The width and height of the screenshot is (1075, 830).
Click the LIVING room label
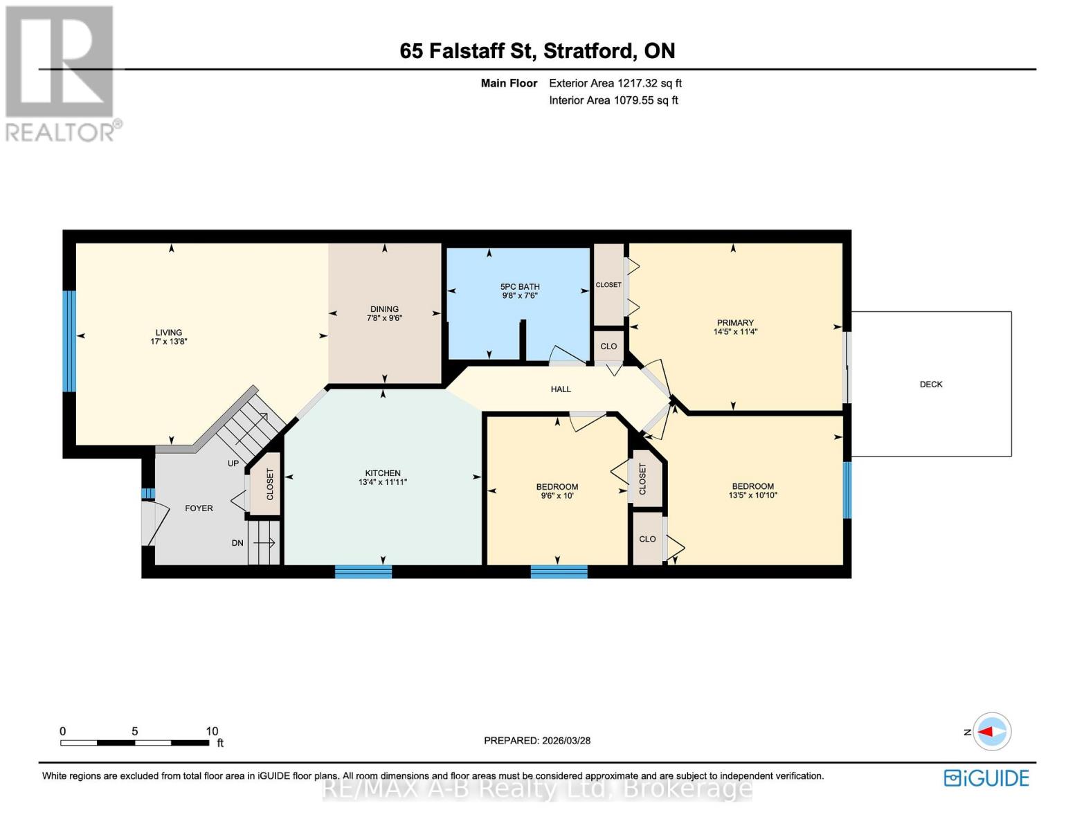click(168, 332)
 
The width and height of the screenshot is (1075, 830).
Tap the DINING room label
click(384, 309)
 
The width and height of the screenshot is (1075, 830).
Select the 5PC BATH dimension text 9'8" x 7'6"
click(520, 296)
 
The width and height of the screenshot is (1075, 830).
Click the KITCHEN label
click(383, 473)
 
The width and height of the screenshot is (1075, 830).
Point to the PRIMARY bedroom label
click(735, 322)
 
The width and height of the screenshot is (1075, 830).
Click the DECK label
click(931, 384)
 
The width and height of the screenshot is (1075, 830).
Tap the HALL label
click(561, 389)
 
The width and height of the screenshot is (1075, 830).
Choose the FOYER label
click(199, 508)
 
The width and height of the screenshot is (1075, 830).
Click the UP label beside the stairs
click(233, 463)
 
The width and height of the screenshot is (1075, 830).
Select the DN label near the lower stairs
click(237, 543)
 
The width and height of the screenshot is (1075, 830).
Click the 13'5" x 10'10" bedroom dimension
click(753, 495)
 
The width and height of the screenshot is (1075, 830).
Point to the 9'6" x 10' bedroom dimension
click(557, 496)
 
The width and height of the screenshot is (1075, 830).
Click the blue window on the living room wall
click(69, 341)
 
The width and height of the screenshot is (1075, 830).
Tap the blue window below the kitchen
click(363, 571)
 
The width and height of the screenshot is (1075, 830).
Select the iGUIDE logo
click(986, 778)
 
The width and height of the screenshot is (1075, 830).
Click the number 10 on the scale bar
click(212, 731)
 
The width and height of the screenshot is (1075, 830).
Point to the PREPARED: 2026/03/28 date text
click(537, 740)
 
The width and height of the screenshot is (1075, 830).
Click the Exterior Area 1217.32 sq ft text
click(615, 83)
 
